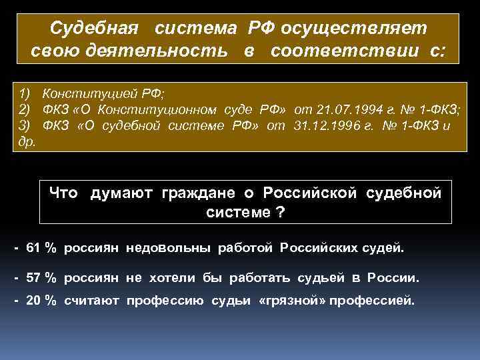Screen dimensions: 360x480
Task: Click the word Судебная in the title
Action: [x=95, y=29]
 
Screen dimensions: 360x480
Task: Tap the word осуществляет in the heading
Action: [x=355, y=29]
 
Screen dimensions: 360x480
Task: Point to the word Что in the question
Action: [x=63, y=193]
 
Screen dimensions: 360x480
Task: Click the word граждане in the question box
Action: [x=195, y=193]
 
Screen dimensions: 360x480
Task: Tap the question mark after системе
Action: [x=281, y=213]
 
